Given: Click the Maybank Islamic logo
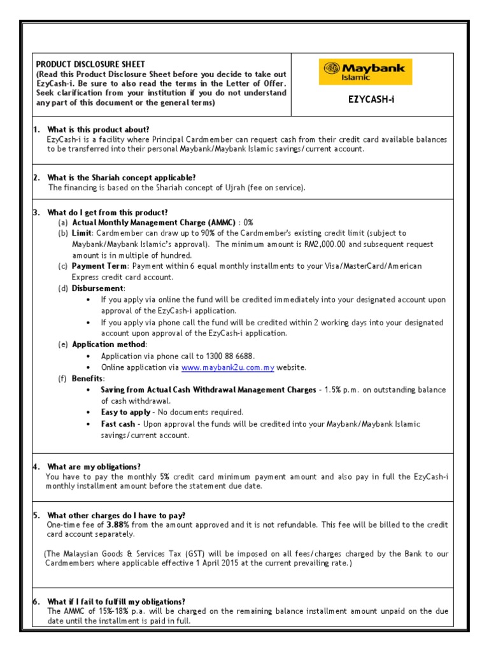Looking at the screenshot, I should tap(365, 72).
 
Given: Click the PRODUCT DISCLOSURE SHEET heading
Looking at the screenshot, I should tap(90, 64).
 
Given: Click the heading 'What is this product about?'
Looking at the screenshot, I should tap(98, 130).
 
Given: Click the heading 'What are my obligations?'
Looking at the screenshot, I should tap(94, 467).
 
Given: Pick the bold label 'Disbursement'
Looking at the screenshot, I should tap(97, 288).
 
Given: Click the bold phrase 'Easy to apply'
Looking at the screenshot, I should tap(126, 413).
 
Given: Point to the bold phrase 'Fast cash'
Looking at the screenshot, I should tap(118, 424).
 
